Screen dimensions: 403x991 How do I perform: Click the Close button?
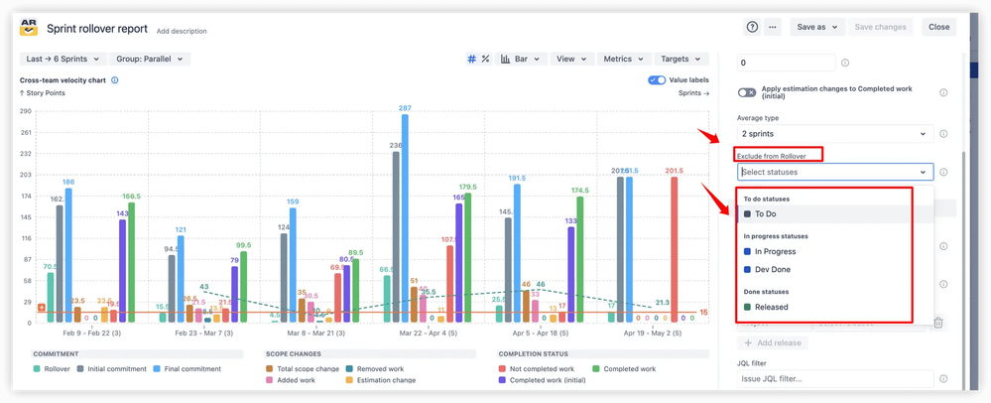(938, 27)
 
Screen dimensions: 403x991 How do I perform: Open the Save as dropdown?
(817, 27)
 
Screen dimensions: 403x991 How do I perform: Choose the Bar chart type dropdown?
(520, 60)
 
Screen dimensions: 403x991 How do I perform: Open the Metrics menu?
(624, 60)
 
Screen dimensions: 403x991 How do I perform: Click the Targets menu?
(681, 60)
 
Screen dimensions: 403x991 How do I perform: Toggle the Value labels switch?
(657, 80)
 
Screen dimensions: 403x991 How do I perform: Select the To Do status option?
(765, 214)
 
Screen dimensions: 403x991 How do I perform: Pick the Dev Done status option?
(772, 270)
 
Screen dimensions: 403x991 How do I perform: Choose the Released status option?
(771, 308)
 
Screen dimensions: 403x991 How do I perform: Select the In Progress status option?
(775, 252)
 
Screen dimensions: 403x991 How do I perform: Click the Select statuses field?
(833, 173)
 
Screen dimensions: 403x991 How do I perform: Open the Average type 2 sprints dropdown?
(833, 134)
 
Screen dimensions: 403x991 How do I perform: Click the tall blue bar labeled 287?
(405, 218)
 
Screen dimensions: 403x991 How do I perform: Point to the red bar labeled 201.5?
(675, 248)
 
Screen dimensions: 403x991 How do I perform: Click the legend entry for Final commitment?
(186, 369)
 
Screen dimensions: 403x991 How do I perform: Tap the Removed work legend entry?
(380, 369)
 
